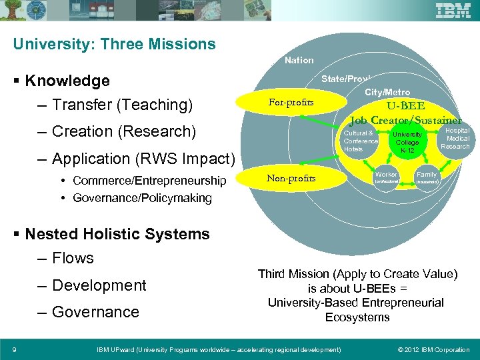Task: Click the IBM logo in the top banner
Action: coord(453,11)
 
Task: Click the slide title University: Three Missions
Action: coord(115,45)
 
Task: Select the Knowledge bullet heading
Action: coord(67,81)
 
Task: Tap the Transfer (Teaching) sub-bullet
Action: coord(122,105)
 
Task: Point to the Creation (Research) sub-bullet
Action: coord(123,132)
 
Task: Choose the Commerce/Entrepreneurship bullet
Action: coord(149,181)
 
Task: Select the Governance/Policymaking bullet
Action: coord(142,197)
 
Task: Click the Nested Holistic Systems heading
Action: coord(117,234)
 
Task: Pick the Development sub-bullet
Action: coord(99,285)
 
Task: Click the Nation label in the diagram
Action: coord(299,61)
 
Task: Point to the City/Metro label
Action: coord(387,92)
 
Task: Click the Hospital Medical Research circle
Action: coord(456,139)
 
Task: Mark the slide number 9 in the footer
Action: coord(14,349)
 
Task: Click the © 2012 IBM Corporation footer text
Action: coord(433,349)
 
